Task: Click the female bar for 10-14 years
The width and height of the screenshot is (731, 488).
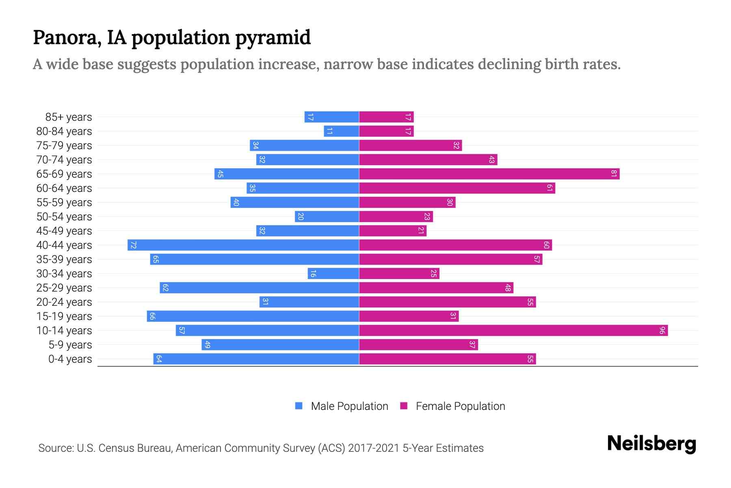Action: coord(513,330)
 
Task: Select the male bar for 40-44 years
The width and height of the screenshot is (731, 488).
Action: coord(243,245)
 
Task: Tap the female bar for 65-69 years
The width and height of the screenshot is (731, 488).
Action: coord(489,174)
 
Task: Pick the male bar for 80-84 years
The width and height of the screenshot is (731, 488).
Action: coord(342,131)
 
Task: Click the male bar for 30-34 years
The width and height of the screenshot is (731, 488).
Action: coord(333,273)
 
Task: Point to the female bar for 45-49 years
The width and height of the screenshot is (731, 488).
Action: coord(393,231)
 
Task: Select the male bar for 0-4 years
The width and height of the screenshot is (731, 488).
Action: coord(256,359)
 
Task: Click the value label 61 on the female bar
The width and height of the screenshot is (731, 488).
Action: coord(549,188)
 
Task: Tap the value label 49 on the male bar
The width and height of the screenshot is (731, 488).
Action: coord(208,344)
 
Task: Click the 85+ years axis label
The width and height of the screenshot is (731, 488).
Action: coord(69,117)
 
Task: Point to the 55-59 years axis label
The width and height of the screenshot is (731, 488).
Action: coord(64,203)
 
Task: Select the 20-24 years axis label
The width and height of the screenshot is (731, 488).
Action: coord(64,302)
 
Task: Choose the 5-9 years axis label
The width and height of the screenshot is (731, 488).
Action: coord(70,345)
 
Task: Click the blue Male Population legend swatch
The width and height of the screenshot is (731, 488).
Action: coord(299,406)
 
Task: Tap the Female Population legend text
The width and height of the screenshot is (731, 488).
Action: coord(460,406)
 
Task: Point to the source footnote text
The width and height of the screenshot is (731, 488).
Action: coord(261,448)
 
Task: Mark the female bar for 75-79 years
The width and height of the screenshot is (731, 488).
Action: coord(411,145)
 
